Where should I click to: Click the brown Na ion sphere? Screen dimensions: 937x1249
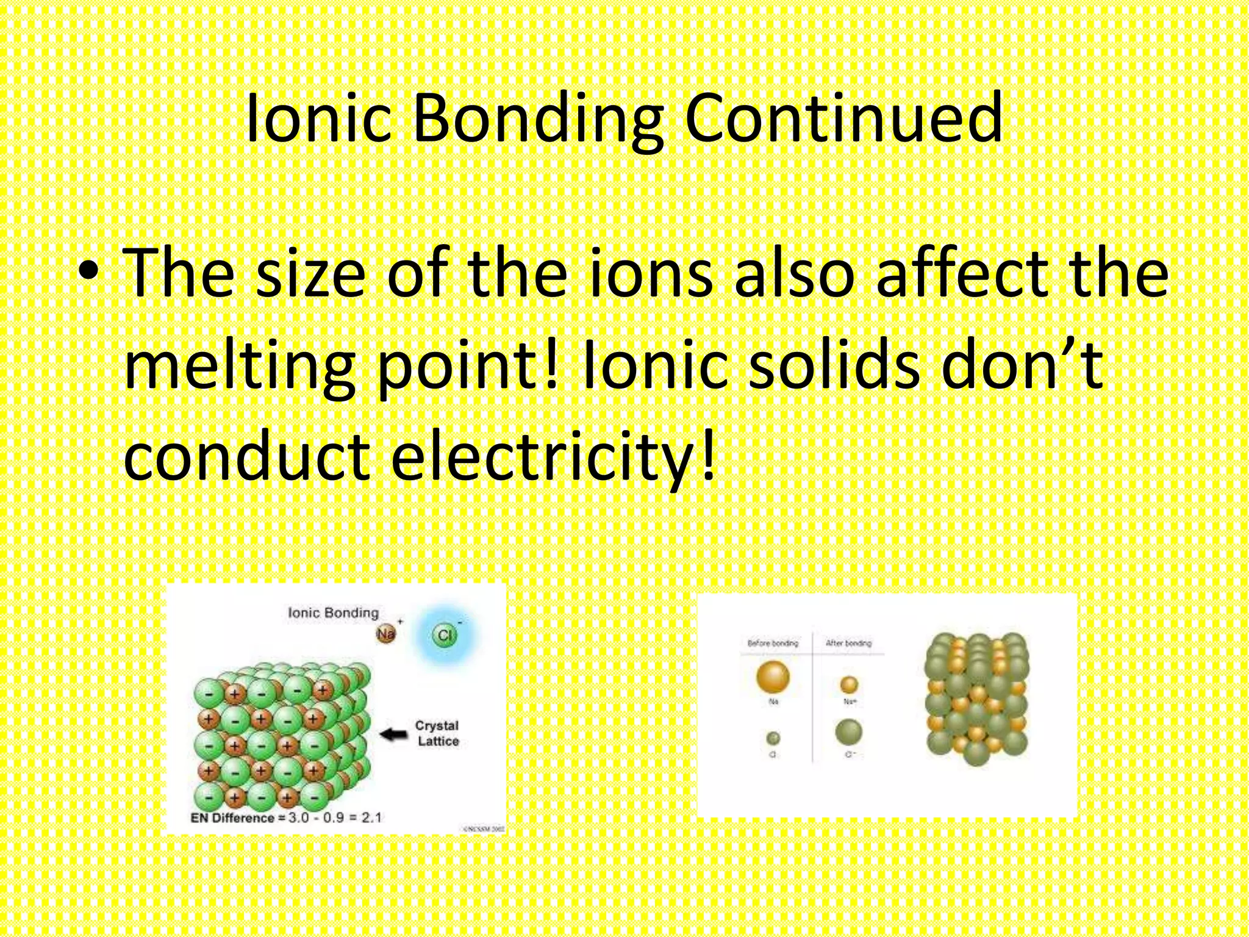pyautogui.click(x=385, y=634)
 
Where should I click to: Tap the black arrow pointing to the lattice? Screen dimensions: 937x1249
pyautogui.click(x=394, y=734)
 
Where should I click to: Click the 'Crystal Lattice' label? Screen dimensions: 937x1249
pyautogui.click(x=437, y=733)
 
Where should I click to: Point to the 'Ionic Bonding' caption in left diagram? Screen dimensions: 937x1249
pyautogui.click(x=333, y=612)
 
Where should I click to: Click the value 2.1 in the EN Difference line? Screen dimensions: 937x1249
pyautogui.click(x=371, y=817)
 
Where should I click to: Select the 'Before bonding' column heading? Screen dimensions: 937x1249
pyautogui.click(x=773, y=643)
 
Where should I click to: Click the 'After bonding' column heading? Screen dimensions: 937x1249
pyautogui.click(x=848, y=643)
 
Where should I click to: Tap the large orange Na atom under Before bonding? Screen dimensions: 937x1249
pyautogui.click(x=773, y=677)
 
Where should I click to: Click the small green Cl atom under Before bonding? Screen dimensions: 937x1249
pyautogui.click(x=773, y=739)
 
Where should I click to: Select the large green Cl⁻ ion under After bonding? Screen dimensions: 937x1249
pyautogui.click(x=848, y=733)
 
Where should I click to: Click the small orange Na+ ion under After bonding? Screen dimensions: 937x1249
pyautogui.click(x=849, y=684)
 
